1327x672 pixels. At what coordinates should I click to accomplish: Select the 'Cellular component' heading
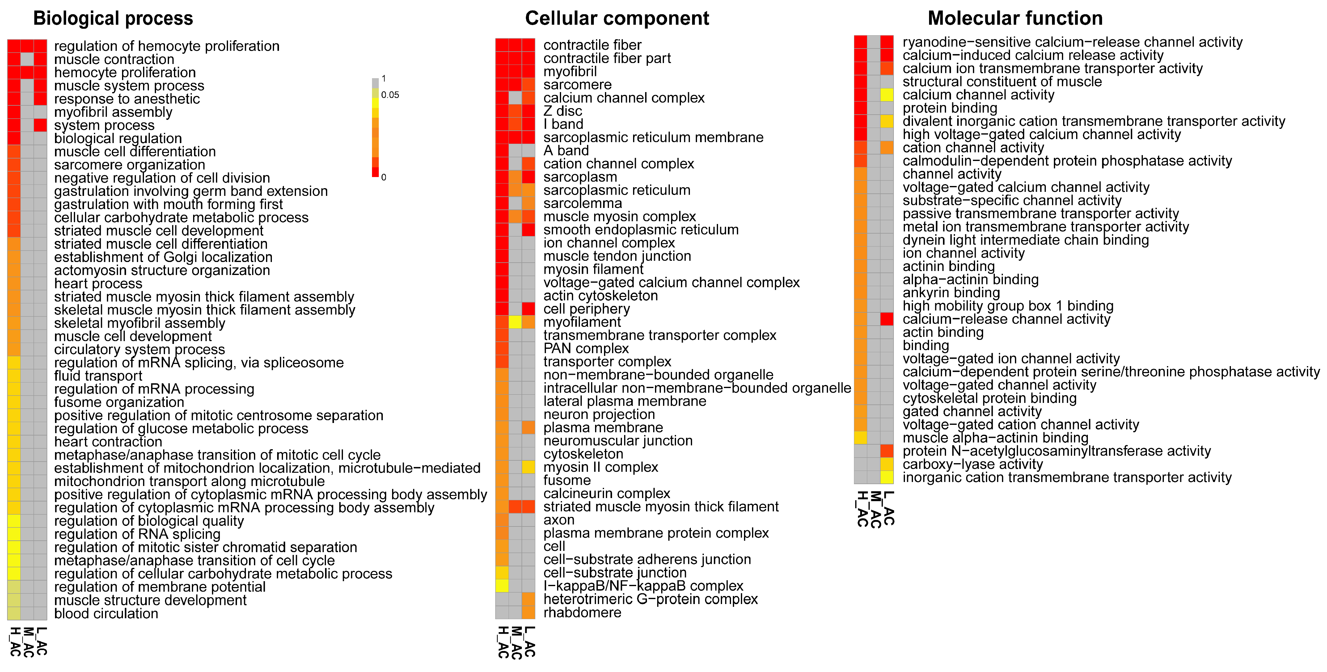coord(617,19)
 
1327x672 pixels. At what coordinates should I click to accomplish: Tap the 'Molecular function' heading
coord(1015,19)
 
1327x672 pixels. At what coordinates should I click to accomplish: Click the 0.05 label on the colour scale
coord(390,95)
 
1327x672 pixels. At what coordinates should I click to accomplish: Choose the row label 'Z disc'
coord(563,111)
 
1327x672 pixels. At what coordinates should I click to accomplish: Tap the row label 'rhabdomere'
coord(582,613)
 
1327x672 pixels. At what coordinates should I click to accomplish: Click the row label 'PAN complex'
coord(586,349)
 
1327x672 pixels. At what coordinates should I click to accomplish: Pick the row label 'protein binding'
coord(949,108)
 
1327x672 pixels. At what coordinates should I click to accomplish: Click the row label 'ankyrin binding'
coord(951,293)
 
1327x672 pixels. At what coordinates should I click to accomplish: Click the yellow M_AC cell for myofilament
coord(515,322)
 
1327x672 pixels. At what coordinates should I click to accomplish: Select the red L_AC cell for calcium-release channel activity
coord(886,319)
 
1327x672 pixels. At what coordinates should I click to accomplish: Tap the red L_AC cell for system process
coord(40,125)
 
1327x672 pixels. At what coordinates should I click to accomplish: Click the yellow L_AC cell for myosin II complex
coord(528,467)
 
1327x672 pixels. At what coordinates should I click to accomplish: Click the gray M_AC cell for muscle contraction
coord(27,59)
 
